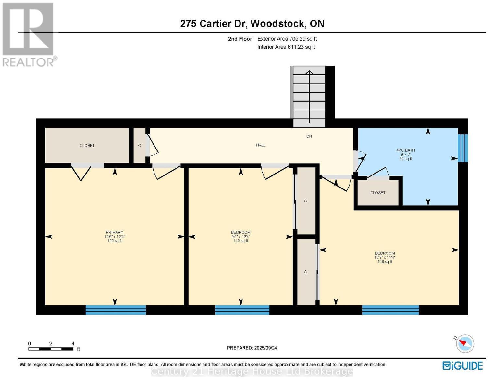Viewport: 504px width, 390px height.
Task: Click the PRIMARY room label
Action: click(115, 232)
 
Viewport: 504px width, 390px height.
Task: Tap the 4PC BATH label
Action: click(406, 150)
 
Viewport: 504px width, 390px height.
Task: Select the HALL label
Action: click(261, 145)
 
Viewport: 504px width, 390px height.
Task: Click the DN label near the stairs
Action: click(309, 136)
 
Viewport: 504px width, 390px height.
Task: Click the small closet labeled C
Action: click(140, 145)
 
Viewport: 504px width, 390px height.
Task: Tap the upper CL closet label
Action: click(306, 201)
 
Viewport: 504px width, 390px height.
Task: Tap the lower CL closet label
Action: click(306, 272)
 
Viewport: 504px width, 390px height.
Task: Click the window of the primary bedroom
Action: click(116, 310)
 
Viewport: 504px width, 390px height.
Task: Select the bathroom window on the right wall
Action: click(463, 148)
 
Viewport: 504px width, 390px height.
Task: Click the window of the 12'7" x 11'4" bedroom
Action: click(390, 310)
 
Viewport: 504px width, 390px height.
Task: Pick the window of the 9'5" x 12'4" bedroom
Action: click(242, 310)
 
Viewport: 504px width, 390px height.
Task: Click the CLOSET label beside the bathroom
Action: click(378, 193)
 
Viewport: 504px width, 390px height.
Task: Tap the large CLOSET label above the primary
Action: click(87, 145)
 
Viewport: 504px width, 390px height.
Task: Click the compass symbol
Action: click(465, 344)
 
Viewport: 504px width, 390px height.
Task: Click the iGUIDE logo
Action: click(462, 366)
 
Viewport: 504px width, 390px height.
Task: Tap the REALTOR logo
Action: click(29, 34)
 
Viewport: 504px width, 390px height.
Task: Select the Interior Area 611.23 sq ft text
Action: click(286, 47)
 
